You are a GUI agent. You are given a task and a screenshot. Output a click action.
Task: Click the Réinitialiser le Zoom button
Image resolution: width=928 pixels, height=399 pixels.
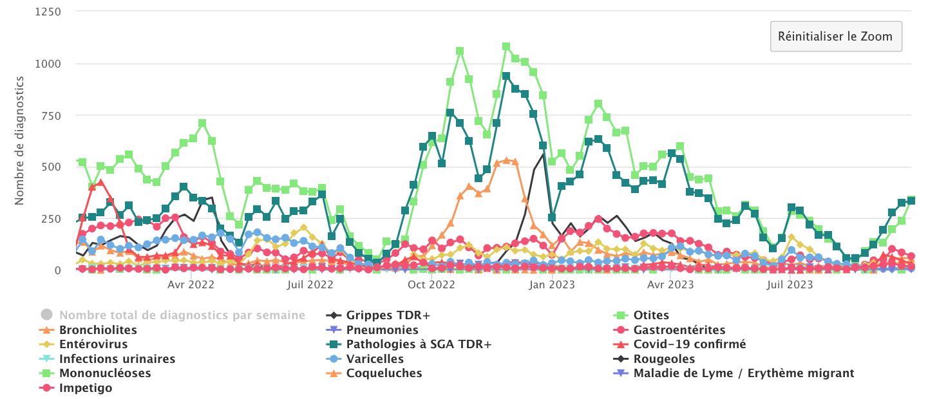(835, 36)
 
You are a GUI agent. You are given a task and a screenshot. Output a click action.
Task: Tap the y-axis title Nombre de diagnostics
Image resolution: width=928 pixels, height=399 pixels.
(19, 140)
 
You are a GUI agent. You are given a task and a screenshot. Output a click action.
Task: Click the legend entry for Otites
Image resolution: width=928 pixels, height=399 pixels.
(651, 315)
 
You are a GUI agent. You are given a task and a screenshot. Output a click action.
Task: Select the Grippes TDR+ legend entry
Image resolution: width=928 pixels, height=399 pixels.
(388, 315)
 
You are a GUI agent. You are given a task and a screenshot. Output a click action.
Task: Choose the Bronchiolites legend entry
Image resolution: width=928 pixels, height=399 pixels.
(98, 330)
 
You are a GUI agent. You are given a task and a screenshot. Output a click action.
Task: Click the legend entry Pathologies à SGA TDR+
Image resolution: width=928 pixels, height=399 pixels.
(419, 344)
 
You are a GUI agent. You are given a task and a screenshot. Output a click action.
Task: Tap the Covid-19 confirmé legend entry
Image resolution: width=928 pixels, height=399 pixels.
(689, 344)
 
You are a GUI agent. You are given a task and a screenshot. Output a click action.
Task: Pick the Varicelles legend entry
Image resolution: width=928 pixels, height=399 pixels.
(375, 358)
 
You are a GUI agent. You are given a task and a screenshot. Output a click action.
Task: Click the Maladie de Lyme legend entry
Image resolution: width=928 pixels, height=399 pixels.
(743, 373)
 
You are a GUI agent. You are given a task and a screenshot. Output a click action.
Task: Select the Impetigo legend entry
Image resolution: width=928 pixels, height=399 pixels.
(86, 388)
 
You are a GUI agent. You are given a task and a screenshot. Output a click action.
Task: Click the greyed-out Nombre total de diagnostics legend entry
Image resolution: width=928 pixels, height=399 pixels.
(182, 315)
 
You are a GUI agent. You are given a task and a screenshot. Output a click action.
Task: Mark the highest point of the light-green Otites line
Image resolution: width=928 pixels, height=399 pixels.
(506, 46)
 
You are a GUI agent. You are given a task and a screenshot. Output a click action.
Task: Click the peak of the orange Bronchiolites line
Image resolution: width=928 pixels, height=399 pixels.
(506, 160)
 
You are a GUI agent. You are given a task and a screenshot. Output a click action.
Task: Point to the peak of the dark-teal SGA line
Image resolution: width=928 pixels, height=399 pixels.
(506, 76)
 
